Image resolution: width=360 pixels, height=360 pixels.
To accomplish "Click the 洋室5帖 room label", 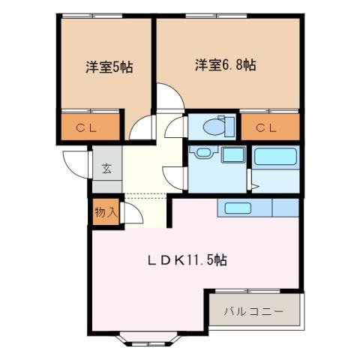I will tap(109, 67).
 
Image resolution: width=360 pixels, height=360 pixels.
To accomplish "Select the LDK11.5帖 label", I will tap(187, 260).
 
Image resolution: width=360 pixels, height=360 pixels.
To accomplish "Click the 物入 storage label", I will tap(105, 212).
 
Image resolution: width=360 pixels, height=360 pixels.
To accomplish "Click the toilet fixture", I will tap(215, 127).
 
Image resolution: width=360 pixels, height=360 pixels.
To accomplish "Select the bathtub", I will tap(277, 157).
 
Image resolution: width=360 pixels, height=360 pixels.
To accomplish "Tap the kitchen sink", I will tap(238, 208).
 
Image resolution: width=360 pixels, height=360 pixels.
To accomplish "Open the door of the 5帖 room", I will tap(141, 130).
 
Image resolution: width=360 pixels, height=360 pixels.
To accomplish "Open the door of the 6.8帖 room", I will tap(169, 97).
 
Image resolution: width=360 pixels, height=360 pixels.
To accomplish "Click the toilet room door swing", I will tap(176, 127).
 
